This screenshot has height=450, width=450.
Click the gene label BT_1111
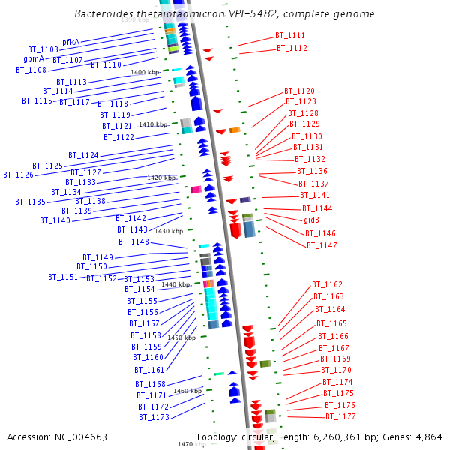[290, 36]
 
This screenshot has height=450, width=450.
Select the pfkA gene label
[71, 43]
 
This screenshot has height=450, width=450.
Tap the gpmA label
[34, 58]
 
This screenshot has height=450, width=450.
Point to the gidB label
[311, 220]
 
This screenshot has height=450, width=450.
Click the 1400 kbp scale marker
[145, 72]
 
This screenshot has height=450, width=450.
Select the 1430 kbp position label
[169, 231]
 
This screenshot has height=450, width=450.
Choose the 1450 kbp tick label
[181, 337]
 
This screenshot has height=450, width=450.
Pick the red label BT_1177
[340, 416]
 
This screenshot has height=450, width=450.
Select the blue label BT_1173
[153, 417]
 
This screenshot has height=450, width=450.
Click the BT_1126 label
[18, 175]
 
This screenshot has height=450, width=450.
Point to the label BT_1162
[327, 285]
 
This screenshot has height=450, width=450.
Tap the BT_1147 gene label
[322, 245]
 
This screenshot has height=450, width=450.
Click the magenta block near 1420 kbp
[196, 190]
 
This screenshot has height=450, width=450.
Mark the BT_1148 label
[133, 241]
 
